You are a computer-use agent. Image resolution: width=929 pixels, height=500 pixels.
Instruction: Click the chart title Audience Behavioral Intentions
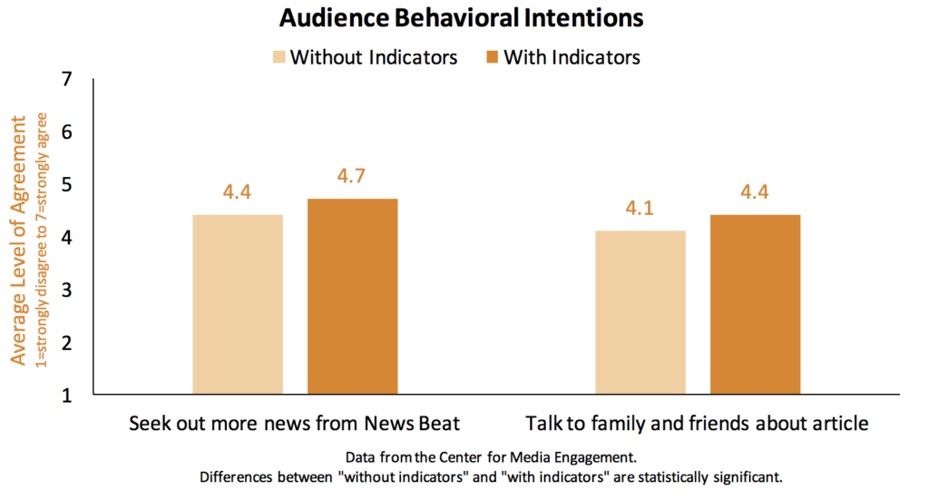(462, 18)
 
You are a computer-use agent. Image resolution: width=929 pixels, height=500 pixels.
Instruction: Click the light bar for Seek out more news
(238, 304)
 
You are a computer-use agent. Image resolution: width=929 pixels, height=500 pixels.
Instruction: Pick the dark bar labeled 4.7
(352, 297)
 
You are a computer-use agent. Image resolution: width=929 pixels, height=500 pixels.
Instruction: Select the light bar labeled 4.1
(641, 312)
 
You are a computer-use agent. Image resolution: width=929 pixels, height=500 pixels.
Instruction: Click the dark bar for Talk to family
(755, 304)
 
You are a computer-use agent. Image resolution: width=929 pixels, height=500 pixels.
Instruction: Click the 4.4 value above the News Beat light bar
(238, 192)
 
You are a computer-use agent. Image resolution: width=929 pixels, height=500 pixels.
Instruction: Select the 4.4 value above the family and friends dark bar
(755, 192)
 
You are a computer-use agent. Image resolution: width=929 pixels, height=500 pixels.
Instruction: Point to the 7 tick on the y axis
(67, 80)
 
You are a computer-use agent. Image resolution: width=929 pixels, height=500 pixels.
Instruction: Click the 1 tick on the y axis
(67, 396)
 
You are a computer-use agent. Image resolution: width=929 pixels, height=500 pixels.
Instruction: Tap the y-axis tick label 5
(67, 185)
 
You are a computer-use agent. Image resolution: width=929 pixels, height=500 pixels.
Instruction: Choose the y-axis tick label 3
(67, 290)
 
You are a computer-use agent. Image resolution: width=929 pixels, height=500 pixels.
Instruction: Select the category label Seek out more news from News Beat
(294, 424)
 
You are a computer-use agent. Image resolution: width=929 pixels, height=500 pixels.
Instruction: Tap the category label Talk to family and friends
(697, 424)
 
